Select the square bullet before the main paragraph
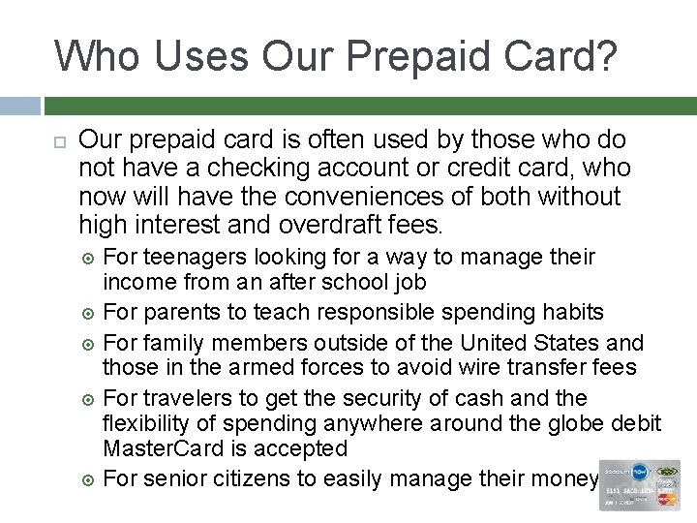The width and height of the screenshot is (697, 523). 59,141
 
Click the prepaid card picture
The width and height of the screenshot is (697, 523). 639,484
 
